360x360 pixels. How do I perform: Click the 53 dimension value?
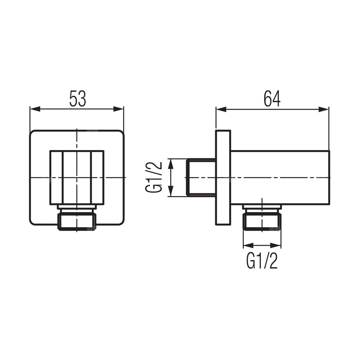pyautogui.click(x=78, y=99)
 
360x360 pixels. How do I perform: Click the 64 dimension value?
pyautogui.click(x=272, y=99)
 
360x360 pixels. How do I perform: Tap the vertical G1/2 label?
pyautogui.click(x=154, y=177)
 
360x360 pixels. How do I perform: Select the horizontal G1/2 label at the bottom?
pyautogui.click(x=262, y=261)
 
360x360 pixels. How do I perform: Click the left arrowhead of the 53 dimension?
pyautogui.click(x=35, y=109)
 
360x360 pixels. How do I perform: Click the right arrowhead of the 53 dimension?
pyautogui.click(x=118, y=109)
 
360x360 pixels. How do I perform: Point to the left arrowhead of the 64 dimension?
pyautogui.click(x=221, y=109)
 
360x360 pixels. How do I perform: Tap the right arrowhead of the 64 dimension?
pyautogui.click(x=324, y=109)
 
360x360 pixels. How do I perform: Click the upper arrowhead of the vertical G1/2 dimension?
pyautogui.click(x=171, y=164)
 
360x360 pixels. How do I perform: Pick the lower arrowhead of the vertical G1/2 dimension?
pyautogui.click(x=171, y=191)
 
